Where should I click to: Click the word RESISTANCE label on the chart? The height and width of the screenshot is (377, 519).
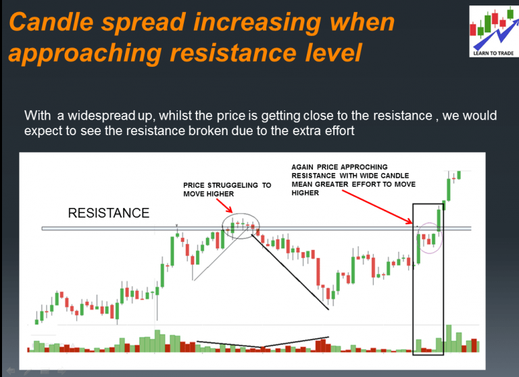[x=109, y=213]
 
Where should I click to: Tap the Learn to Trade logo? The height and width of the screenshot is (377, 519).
[x=491, y=30]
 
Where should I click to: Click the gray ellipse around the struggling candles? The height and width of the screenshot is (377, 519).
[x=241, y=226]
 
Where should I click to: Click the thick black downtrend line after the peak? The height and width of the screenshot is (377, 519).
[x=291, y=270]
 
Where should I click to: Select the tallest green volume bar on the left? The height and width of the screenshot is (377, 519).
[x=158, y=341]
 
